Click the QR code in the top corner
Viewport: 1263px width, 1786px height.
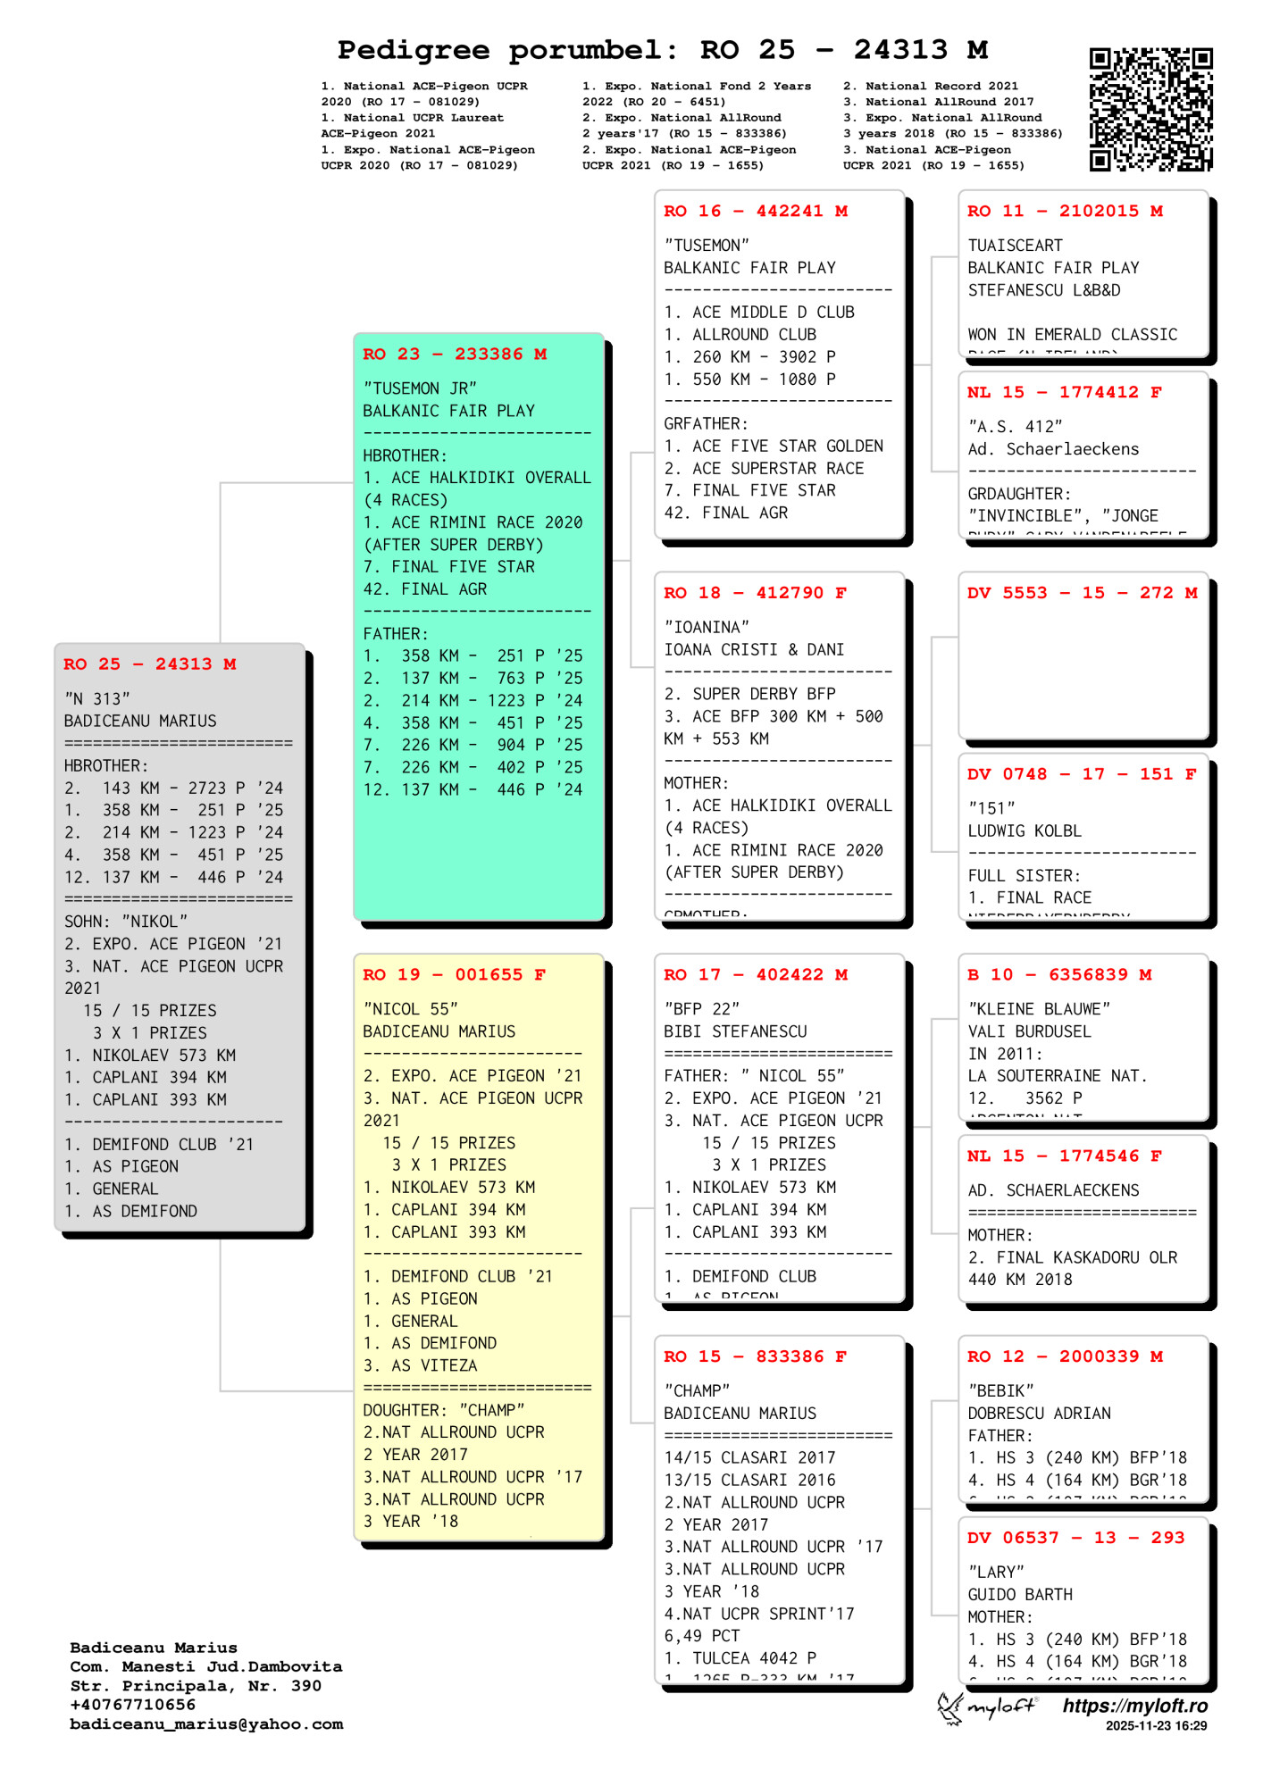1150,109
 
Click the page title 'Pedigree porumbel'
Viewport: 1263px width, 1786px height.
502,50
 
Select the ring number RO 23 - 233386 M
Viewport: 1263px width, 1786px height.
455,355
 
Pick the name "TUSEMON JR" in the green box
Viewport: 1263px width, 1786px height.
420,388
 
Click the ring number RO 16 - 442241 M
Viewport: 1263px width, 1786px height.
756,212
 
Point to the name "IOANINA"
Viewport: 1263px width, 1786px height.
707,627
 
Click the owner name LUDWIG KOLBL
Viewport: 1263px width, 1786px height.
1025,830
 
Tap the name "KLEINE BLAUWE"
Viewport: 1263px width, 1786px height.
1040,1009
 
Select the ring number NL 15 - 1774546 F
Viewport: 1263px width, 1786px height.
1065,1156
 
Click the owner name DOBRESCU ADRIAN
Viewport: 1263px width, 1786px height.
1040,1414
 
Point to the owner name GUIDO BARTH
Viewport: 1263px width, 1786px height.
1020,1595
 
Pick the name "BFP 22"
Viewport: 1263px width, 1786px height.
702,1009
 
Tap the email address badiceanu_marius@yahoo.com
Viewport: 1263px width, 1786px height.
206,1724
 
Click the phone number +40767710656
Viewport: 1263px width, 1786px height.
133,1705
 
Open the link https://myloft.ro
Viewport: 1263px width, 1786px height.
1134,1707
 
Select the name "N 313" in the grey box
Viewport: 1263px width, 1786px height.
97,698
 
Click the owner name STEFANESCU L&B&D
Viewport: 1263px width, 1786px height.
1044,290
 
